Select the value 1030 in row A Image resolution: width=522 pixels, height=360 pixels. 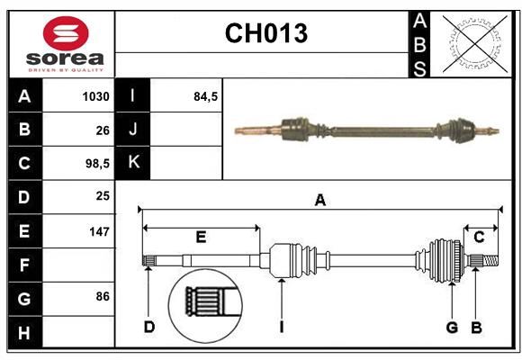pos(96,96)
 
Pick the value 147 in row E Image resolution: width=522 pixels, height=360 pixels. pos(98,231)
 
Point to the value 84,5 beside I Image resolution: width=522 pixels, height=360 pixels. pos(206,96)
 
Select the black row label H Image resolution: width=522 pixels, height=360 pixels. pos(24,332)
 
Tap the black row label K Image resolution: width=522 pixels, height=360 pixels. pos(133,163)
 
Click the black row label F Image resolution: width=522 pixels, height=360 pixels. pos(24,265)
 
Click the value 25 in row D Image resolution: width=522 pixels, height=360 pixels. pos(102,197)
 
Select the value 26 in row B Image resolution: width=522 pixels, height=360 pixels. pos(102,130)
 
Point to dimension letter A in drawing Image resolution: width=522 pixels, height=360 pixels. pos(319,201)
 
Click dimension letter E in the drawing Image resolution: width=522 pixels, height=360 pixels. pos(201,238)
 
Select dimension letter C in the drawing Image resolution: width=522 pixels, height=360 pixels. pos(479,237)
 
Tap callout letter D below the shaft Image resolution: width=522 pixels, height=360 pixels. pos(149,327)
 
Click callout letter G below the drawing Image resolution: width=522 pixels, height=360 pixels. pos(452,327)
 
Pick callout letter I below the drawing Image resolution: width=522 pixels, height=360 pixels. pos(281,327)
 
